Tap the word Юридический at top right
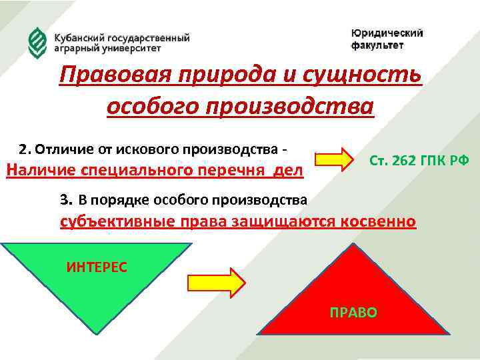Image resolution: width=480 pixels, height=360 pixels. (387, 33)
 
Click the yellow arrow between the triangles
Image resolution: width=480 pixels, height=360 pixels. (216, 282)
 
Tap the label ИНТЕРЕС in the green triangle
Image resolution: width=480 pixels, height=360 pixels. (97, 267)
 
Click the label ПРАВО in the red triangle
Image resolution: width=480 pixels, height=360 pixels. (353, 312)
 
